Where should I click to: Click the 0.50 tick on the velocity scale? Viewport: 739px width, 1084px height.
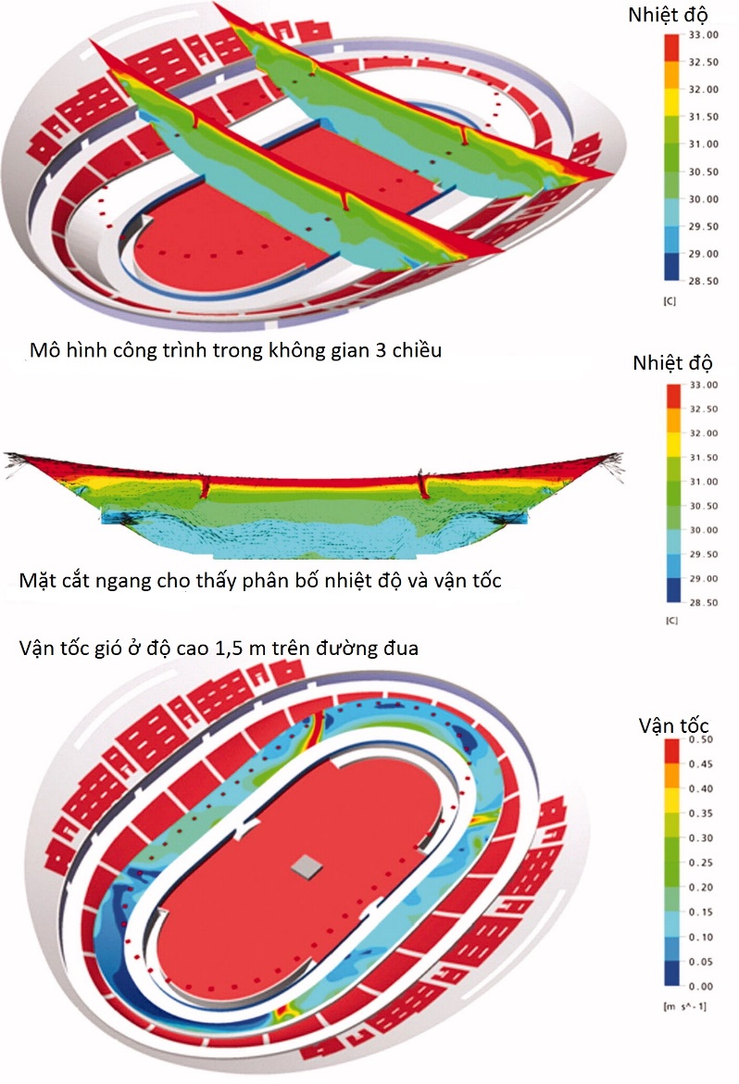[702, 739]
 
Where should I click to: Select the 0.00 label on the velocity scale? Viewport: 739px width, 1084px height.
[702, 986]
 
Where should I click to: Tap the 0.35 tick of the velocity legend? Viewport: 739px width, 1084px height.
[702, 813]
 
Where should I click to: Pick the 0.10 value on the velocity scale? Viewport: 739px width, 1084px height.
[702, 937]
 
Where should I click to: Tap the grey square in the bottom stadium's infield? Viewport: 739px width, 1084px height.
[305, 866]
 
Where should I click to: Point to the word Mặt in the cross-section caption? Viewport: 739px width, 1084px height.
[35, 582]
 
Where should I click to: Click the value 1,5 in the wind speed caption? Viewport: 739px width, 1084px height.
[230, 648]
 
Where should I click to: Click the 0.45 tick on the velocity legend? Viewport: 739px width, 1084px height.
[702, 764]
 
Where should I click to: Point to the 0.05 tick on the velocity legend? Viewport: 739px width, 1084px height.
[702, 962]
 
